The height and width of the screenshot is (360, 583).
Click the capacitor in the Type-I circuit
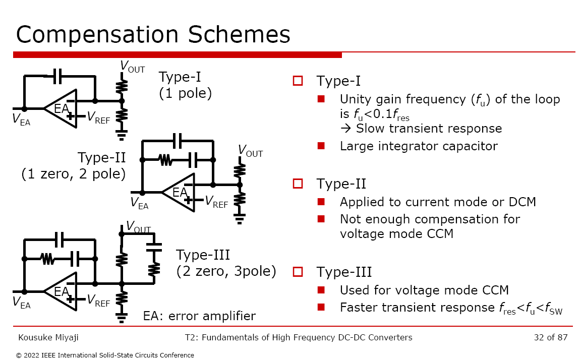coord(57,76)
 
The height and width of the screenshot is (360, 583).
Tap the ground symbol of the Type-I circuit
coord(121,135)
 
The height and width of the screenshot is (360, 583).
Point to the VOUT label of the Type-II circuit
coord(250,151)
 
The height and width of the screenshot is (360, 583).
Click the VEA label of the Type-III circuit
coord(21,302)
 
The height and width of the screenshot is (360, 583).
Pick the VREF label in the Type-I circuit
coord(98,117)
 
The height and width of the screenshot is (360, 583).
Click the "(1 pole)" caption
coord(185,93)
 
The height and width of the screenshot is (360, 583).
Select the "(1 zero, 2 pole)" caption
coord(74,173)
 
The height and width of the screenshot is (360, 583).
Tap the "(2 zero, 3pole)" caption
coord(226,271)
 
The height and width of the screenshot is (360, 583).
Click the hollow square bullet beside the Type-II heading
coord(298,184)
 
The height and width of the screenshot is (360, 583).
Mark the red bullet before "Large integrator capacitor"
coord(321,146)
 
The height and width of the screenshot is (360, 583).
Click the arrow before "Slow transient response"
coord(346,128)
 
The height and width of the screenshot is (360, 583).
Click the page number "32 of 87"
coord(551,337)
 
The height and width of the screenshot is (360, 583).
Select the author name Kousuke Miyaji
coord(48,338)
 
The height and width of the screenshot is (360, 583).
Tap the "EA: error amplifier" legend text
coord(199,316)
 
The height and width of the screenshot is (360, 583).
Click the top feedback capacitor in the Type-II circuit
coord(178,141)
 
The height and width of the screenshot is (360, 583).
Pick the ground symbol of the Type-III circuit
coord(121,318)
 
